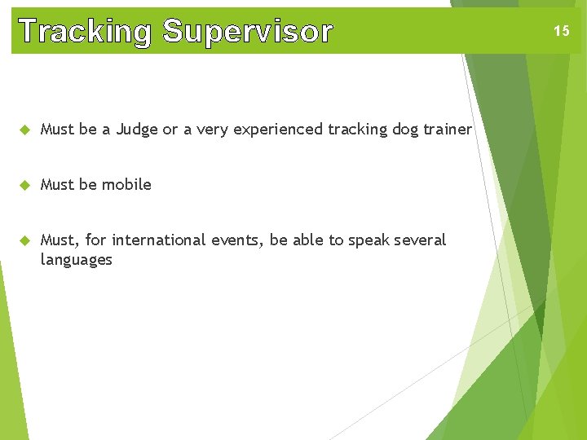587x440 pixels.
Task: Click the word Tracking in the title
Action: [x=86, y=32]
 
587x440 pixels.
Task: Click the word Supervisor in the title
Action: [x=248, y=32]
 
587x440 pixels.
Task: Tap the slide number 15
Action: [x=561, y=31]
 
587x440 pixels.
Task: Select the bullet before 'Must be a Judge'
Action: [x=24, y=130]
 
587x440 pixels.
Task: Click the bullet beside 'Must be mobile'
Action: [x=24, y=185]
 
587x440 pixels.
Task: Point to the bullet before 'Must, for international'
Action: [x=24, y=240]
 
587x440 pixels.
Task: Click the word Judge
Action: [x=137, y=129]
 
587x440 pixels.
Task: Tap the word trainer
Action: [x=447, y=129]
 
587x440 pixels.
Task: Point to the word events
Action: [x=241, y=240]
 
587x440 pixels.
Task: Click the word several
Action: [x=421, y=240]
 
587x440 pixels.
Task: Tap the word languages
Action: [x=77, y=260]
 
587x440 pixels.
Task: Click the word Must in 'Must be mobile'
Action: [x=57, y=184]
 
